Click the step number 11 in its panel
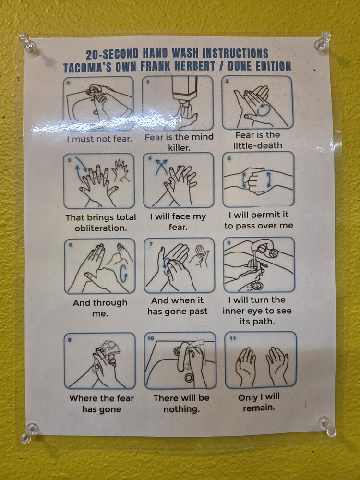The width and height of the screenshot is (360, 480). tap(233, 338)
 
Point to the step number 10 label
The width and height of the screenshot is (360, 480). tap(151, 338)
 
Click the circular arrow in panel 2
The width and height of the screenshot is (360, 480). tap(264, 109)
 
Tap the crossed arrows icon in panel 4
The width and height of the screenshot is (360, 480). tap(161, 167)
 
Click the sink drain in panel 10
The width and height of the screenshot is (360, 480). tap(189, 378)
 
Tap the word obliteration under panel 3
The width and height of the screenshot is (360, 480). tap(101, 228)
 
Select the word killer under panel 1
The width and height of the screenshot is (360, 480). tap(179, 147)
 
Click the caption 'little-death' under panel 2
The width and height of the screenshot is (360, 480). tap(258, 145)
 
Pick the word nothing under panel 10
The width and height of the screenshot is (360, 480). tap(181, 409)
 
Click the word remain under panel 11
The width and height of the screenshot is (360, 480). tap(259, 408)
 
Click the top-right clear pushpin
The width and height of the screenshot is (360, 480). tap(323, 41)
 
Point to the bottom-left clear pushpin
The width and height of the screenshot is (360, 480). tap(29, 432)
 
